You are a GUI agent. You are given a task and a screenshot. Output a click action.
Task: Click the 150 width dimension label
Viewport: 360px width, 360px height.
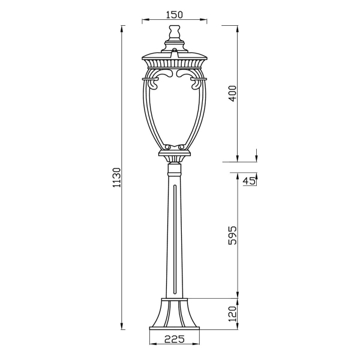pos(175,14)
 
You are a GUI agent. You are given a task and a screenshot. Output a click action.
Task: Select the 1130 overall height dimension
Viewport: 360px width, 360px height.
pos(116,178)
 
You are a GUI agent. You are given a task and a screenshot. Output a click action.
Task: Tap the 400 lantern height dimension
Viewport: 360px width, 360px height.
pos(233,94)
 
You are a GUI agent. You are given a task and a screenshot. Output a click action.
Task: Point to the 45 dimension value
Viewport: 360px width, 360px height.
pos(249,181)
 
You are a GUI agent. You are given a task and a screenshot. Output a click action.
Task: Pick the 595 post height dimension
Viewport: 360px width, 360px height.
pos(233,236)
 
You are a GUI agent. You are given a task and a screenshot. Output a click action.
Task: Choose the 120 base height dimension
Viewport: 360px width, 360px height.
pos(233,314)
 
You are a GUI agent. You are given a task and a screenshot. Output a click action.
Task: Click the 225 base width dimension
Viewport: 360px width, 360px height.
pos(175,339)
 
